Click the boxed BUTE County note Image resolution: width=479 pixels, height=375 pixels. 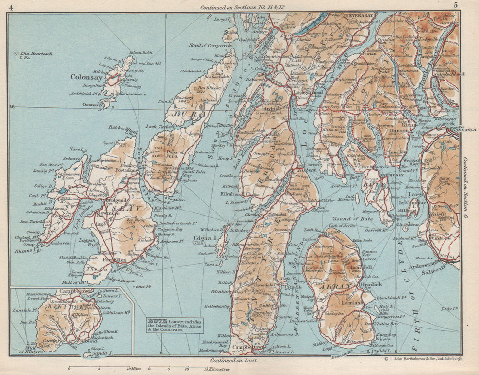click(175, 325)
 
